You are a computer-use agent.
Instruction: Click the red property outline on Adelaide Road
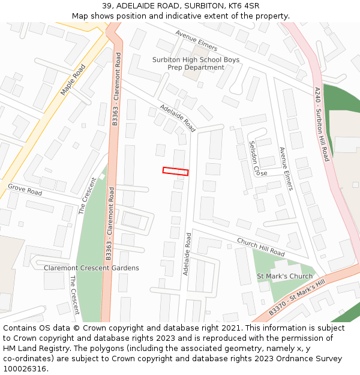point(175,172)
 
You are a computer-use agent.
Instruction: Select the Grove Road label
point(25,190)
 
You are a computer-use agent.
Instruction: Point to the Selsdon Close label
point(258,158)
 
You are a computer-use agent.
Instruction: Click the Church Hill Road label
point(260,247)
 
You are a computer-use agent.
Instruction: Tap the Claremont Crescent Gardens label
point(91,268)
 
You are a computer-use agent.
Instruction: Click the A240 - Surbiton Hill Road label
point(322,124)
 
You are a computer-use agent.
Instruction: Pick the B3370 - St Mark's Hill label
point(296,297)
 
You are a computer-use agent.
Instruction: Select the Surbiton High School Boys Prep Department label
point(196,64)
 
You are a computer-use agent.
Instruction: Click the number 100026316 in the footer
point(25,369)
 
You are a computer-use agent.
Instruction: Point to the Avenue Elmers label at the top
point(197,41)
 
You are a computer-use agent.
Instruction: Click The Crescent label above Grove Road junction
point(88,196)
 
